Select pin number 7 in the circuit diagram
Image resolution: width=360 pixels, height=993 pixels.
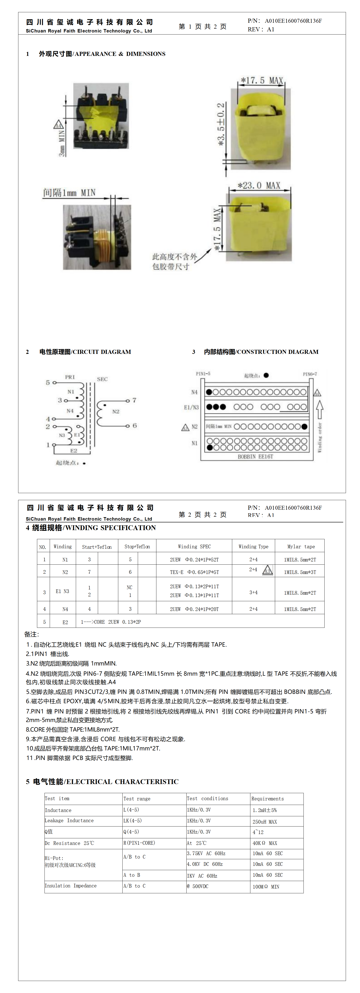134,400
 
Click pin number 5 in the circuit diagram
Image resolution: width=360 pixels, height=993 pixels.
48,382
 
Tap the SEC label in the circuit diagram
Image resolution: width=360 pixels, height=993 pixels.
102,379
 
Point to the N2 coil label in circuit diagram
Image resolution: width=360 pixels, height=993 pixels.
116,411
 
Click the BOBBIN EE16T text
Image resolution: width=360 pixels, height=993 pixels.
255,456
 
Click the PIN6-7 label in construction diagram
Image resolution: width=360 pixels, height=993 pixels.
310,374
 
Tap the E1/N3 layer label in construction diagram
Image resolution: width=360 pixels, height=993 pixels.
191,407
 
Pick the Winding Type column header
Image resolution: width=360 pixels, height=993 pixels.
253,546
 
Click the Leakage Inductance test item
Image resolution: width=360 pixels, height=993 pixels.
69,820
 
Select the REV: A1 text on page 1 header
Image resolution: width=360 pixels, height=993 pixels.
261,29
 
